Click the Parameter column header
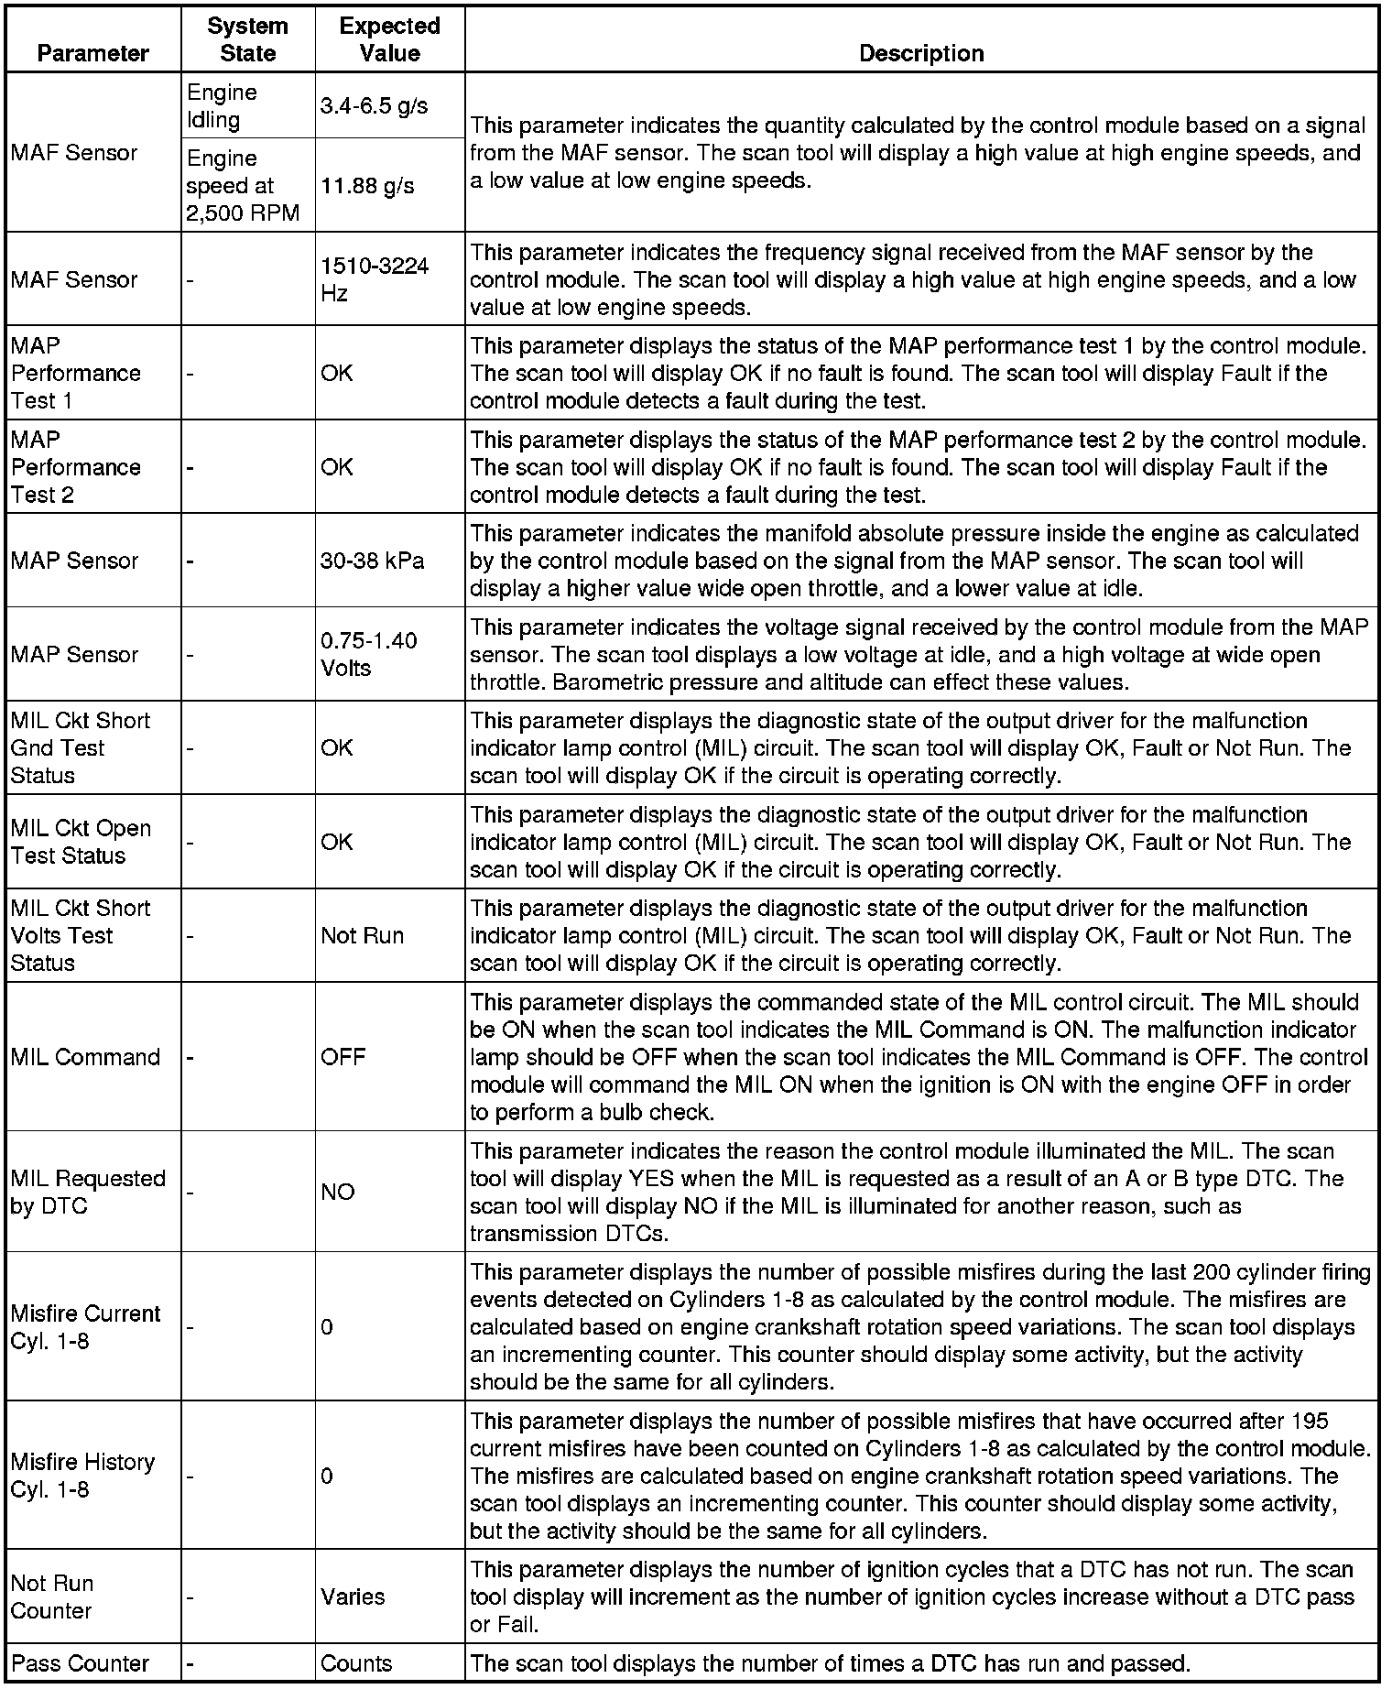[x=92, y=53]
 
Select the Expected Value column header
[x=389, y=39]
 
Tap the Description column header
[x=920, y=53]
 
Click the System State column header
[x=247, y=39]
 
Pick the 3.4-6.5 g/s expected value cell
[x=375, y=105]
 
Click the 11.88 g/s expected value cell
[x=367, y=186]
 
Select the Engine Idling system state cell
[x=222, y=105]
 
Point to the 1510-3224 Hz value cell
[x=374, y=279]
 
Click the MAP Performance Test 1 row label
[x=76, y=373]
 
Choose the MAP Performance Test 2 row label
[x=76, y=467]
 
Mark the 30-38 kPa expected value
[x=372, y=561]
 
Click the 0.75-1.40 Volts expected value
[x=368, y=654]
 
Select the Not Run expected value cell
[x=362, y=935]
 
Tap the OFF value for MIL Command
[x=343, y=1057]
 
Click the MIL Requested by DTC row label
[x=88, y=1192]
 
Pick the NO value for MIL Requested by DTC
[x=337, y=1192]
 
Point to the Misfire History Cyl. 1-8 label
[x=82, y=1475]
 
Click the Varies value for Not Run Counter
[x=353, y=1596]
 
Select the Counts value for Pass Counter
[x=356, y=1663]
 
